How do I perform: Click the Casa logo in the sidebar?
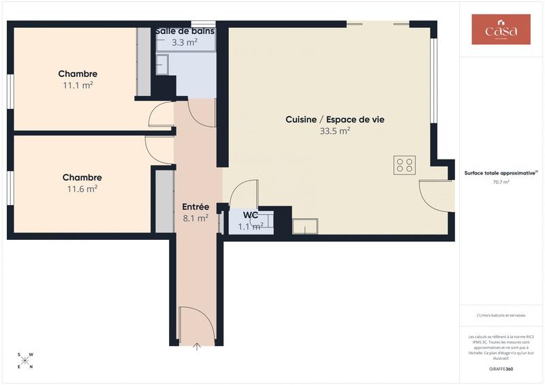click(501, 29)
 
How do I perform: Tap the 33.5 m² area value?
click(334, 131)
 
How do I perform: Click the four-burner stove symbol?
click(404, 165)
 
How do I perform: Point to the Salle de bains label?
click(185, 31)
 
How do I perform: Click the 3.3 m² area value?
click(185, 42)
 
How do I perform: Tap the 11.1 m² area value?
click(78, 85)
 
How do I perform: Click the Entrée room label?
click(196, 206)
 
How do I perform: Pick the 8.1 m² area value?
click(196, 219)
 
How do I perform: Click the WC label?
click(251, 215)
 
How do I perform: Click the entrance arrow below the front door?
click(197, 347)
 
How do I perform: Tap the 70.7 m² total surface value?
click(501, 183)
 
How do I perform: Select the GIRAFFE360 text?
click(501, 369)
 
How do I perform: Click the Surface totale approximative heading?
click(501, 173)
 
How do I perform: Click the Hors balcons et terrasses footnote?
click(501, 315)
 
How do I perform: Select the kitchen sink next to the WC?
click(305, 226)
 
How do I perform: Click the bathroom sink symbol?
click(161, 65)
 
